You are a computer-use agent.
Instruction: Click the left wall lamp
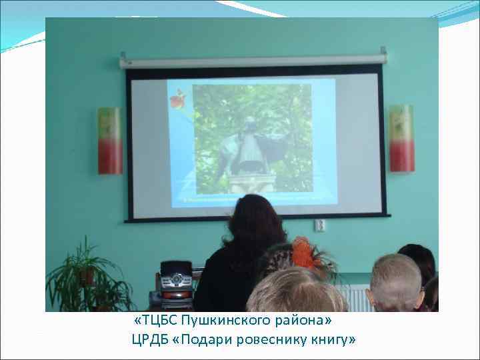110,141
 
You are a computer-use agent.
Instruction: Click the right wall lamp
401,138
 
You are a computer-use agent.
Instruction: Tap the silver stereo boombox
174,286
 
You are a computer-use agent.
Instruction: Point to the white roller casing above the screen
253,61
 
